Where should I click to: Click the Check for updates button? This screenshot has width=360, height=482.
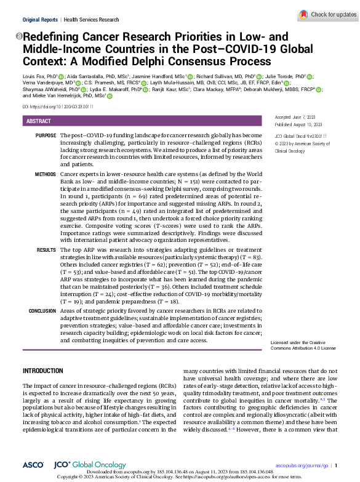tap(324, 14)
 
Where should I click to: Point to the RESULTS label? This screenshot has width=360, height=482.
tap(47, 250)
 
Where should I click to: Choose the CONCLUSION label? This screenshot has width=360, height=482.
tap(42, 311)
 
